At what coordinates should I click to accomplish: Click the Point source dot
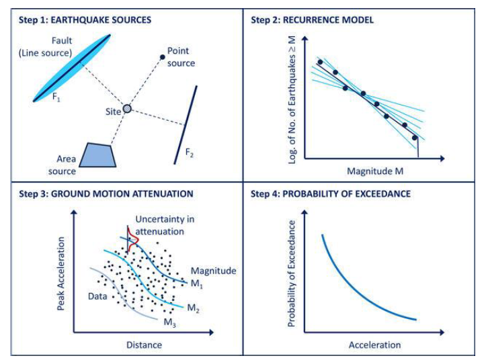point(162,57)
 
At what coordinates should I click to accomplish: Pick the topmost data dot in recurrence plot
point(321,62)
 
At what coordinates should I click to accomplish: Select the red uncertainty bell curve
point(131,238)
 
